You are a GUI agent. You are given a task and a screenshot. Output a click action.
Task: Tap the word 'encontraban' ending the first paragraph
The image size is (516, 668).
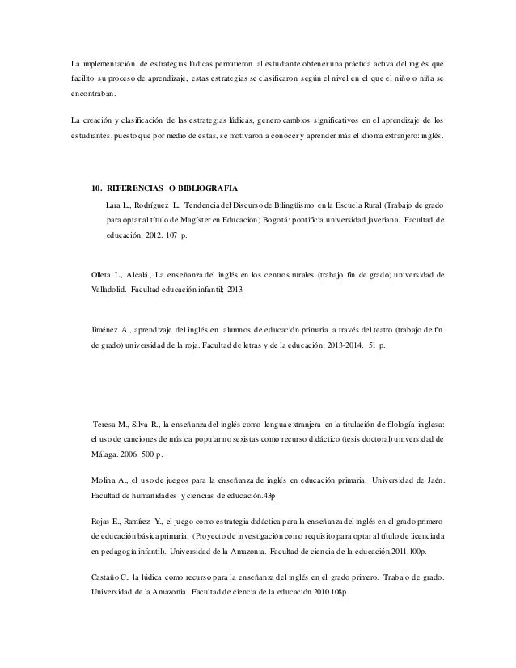tap(93, 94)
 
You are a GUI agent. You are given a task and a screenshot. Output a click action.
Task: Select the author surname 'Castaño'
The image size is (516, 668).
tap(111, 577)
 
